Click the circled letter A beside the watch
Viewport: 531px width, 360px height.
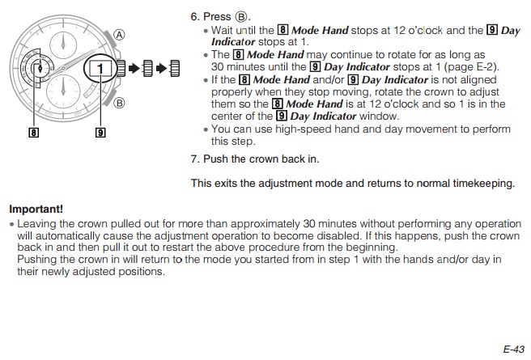[119, 35]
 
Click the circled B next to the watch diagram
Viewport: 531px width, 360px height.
[119, 103]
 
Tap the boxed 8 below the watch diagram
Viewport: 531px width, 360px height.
[33, 132]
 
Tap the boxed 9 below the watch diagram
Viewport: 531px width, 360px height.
[100, 132]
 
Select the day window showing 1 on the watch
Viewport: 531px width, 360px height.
[100, 69]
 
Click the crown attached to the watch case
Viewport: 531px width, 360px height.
[121, 68]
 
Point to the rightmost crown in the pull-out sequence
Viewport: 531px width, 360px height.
[175, 68]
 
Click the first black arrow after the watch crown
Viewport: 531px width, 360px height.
[134, 68]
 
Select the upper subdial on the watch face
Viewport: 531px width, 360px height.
[63, 45]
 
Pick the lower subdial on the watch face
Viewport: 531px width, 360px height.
[63, 91]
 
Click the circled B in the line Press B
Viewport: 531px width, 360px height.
[241, 16]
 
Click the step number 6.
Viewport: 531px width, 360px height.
[195, 16]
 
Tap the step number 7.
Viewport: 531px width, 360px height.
[195, 159]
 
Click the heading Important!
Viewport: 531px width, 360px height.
[36, 209]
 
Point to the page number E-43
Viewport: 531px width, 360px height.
[513, 349]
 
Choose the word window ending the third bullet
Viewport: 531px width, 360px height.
[379, 116]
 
